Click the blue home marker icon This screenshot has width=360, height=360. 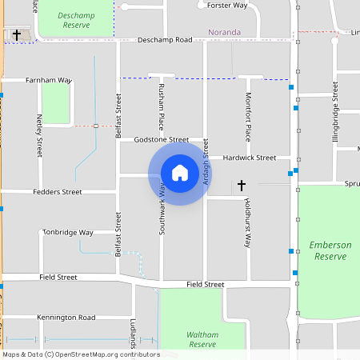179,172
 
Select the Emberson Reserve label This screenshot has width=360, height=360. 329,250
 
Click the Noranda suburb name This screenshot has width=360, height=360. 223,33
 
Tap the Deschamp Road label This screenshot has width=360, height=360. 166,40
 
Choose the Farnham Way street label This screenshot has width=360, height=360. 49,81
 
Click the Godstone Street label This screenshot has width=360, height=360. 161,139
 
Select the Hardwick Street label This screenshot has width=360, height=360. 249,158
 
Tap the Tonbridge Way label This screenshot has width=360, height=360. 68,233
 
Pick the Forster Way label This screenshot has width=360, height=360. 227,6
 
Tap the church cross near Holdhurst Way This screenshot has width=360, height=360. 241,186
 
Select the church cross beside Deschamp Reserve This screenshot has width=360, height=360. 17,34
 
